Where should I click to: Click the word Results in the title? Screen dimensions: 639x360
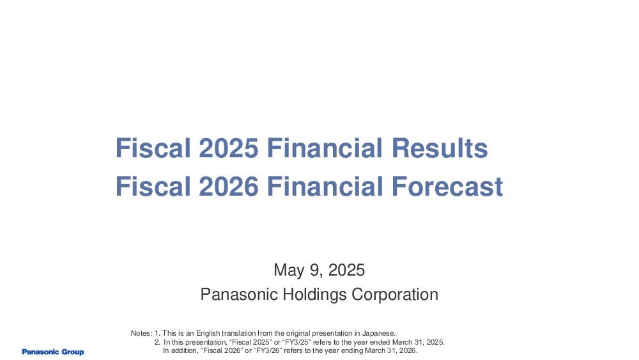click(440, 148)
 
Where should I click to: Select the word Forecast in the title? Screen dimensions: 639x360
click(447, 186)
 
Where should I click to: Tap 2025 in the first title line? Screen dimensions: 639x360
click(229, 148)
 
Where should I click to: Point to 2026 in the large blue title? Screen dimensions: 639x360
click(229, 186)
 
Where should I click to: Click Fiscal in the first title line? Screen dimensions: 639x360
click(153, 148)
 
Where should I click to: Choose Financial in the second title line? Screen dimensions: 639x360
click(325, 186)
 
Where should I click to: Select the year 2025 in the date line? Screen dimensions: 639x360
click(346, 270)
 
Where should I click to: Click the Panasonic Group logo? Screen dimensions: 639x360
click(53, 352)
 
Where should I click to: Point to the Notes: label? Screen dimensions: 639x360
click(141, 333)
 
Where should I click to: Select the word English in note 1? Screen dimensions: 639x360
click(208, 334)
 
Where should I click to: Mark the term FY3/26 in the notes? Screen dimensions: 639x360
click(267, 350)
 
